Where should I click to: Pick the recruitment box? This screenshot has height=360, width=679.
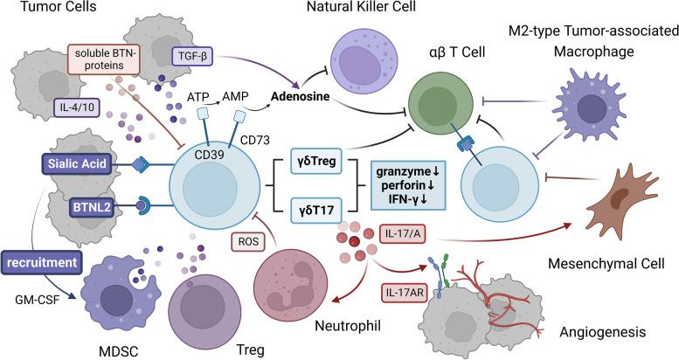[x=50, y=260]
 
